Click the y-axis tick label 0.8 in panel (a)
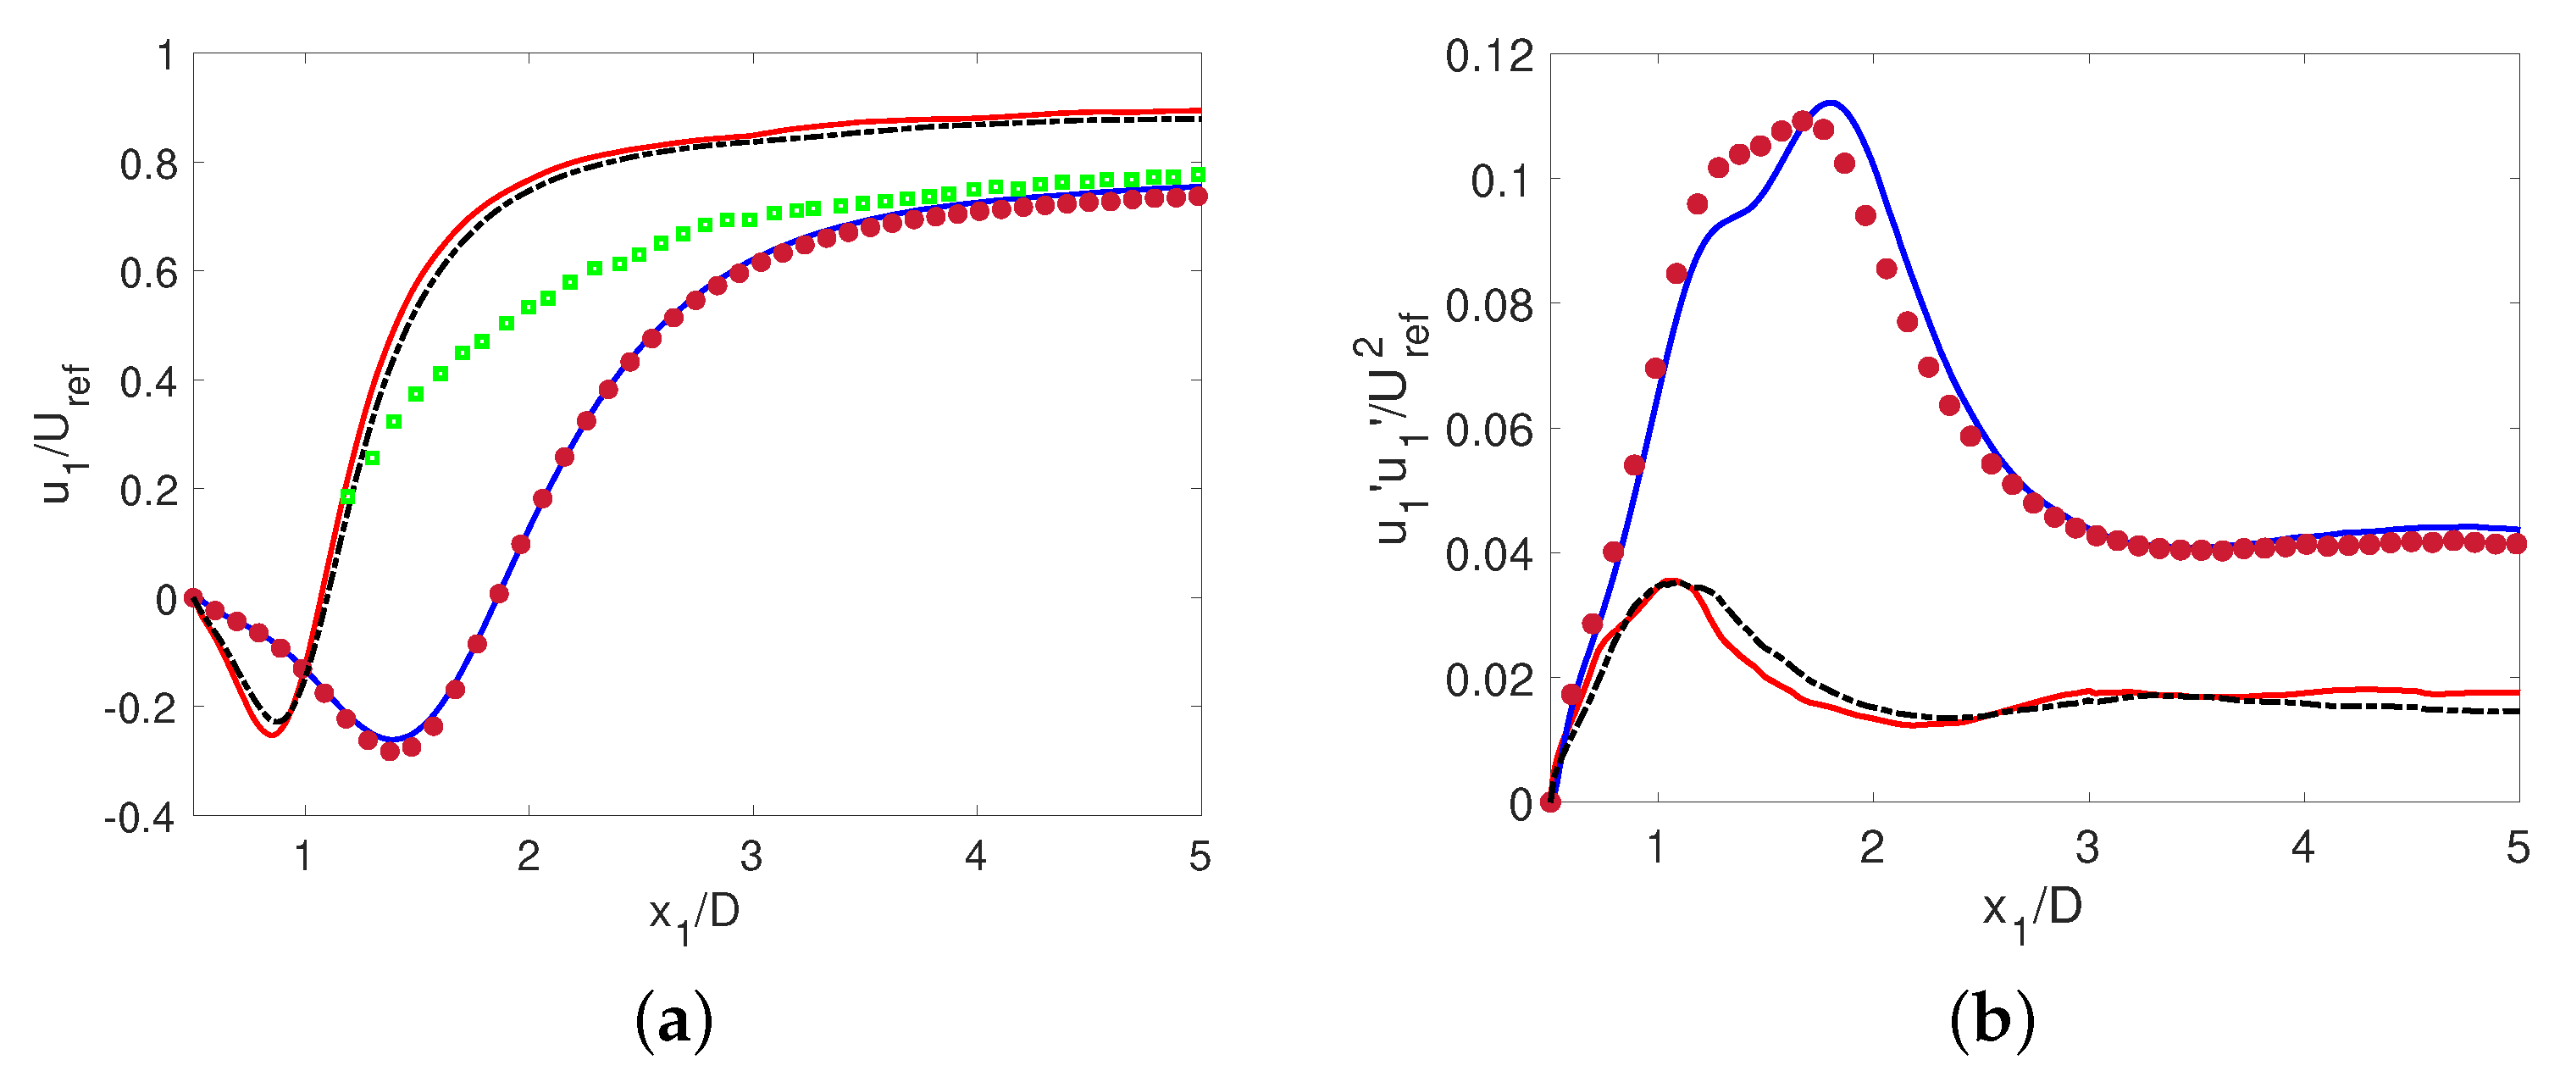(148, 164)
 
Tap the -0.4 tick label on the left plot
(139, 818)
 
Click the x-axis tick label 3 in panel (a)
(751, 856)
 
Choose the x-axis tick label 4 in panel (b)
(2302, 846)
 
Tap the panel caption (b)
(1992, 1020)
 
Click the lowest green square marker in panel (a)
(346, 496)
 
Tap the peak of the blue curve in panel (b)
(1830, 103)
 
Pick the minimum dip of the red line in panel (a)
(271, 735)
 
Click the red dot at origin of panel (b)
(1550, 802)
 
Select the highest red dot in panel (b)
(1802, 121)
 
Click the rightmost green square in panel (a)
(1199, 175)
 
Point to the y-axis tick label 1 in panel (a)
(166, 56)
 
